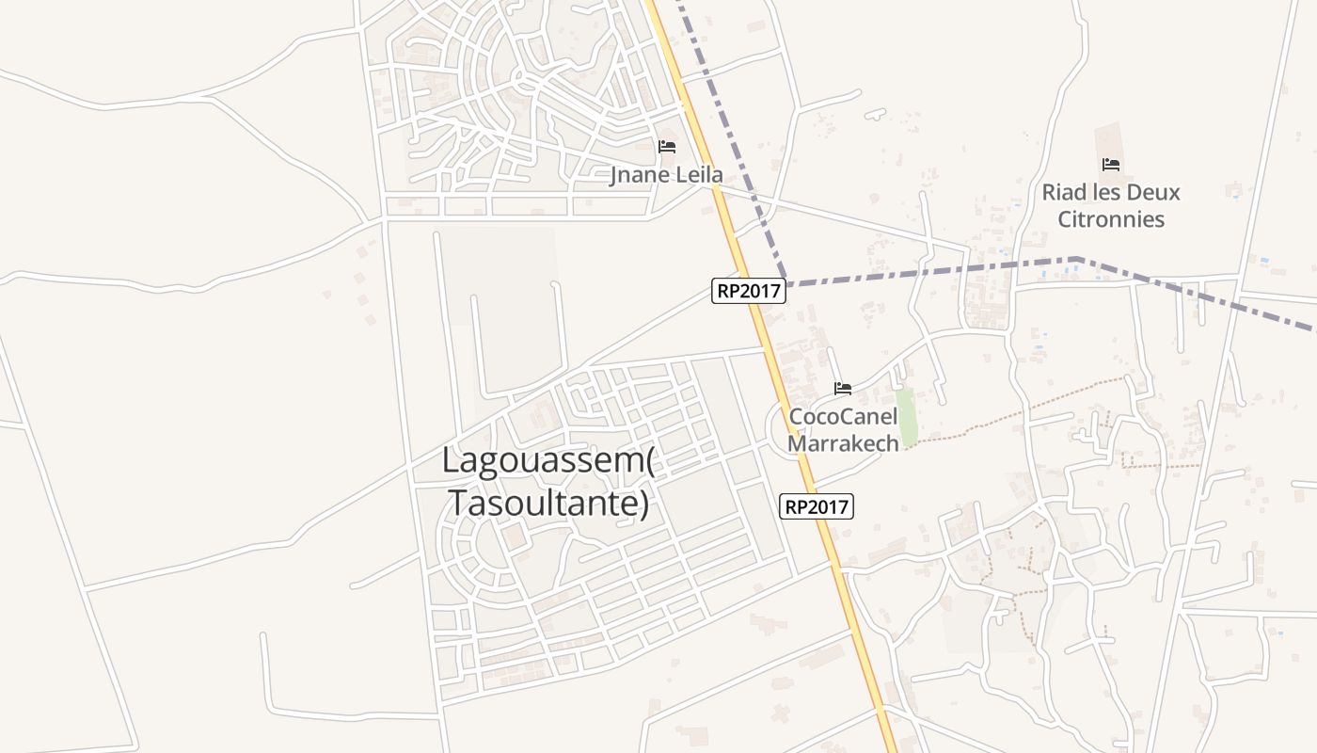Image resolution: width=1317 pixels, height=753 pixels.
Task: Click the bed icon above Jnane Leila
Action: click(x=667, y=146)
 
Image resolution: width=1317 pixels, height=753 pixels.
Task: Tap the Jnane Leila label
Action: click(x=666, y=175)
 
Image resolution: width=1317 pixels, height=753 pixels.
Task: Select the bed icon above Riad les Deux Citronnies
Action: click(x=1111, y=165)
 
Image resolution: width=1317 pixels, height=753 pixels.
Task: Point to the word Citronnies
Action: click(x=1111, y=219)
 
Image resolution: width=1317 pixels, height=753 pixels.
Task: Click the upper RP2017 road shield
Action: click(x=749, y=291)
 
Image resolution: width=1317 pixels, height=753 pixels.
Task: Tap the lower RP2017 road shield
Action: click(x=817, y=506)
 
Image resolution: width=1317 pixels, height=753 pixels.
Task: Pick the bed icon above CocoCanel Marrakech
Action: click(x=843, y=388)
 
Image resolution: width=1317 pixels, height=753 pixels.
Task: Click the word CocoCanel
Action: click(x=843, y=416)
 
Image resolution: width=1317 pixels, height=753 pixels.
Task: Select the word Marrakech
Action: click(x=843, y=442)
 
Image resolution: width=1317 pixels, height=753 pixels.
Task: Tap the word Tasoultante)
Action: click(x=548, y=503)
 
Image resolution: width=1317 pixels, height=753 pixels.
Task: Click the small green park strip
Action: click(x=907, y=418)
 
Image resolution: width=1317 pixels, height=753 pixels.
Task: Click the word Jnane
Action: click(x=639, y=175)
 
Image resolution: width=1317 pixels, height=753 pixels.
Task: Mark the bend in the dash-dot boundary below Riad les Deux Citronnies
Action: click(x=1076, y=258)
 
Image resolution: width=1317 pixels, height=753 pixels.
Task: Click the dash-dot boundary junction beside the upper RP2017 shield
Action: click(x=787, y=282)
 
